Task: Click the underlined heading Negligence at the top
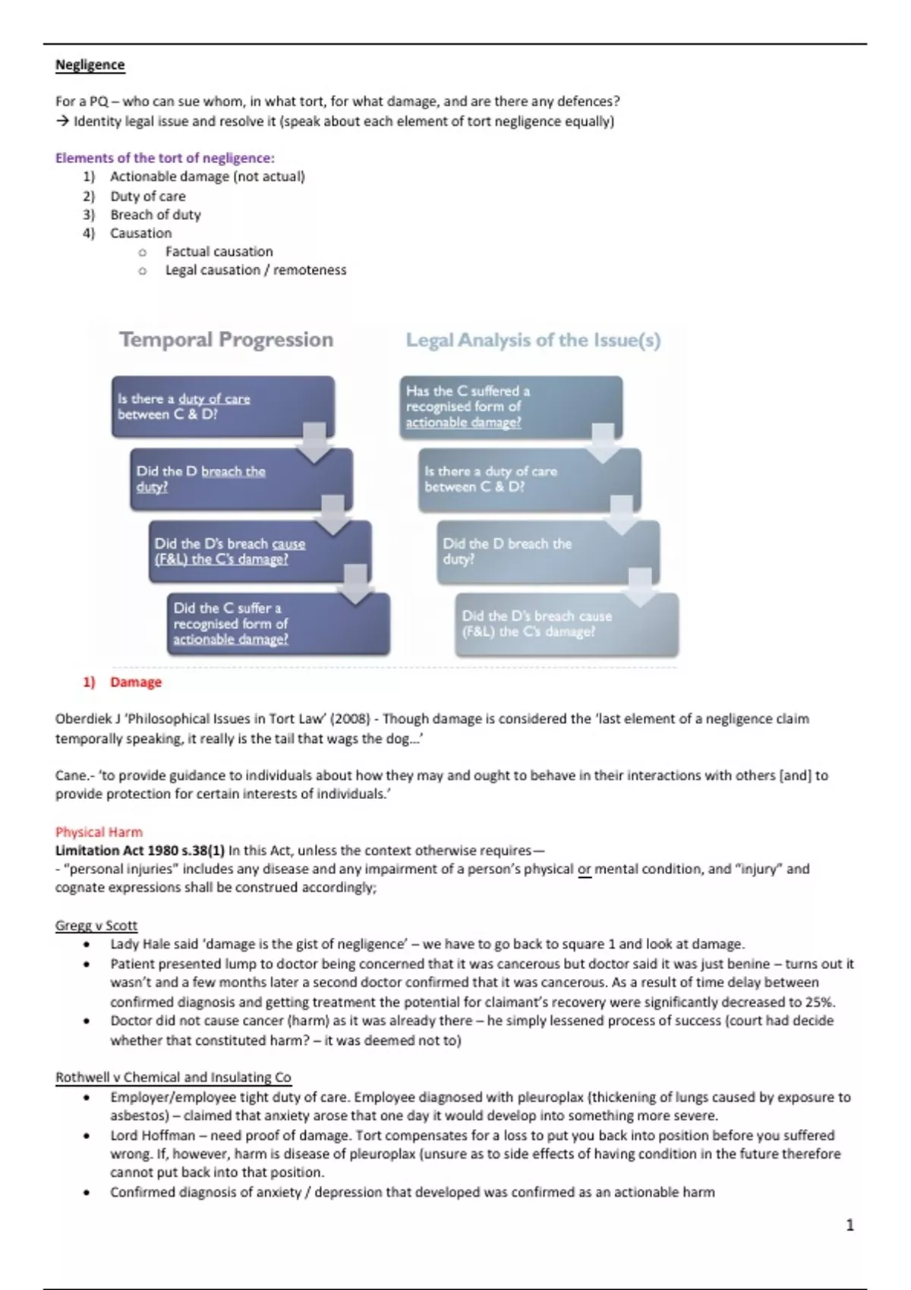click(x=90, y=65)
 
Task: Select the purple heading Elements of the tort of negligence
click(x=165, y=158)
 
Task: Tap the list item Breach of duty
click(x=155, y=215)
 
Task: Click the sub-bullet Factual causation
click(x=219, y=251)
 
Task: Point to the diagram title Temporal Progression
click(x=226, y=339)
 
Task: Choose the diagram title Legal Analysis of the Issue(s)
click(x=533, y=340)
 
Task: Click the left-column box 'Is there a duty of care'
click(x=222, y=407)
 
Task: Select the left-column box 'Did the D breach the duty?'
click(x=241, y=479)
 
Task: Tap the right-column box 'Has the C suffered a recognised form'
click(x=510, y=407)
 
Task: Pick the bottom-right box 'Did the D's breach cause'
click(x=566, y=624)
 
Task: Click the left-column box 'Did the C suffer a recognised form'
click(x=278, y=624)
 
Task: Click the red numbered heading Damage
click(x=135, y=682)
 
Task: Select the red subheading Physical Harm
click(x=99, y=832)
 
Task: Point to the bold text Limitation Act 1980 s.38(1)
click(x=140, y=850)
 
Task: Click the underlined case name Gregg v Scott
click(x=96, y=925)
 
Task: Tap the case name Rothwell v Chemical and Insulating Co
click(x=173, y=1077)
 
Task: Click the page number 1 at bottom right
click(x=850, y=1225)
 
